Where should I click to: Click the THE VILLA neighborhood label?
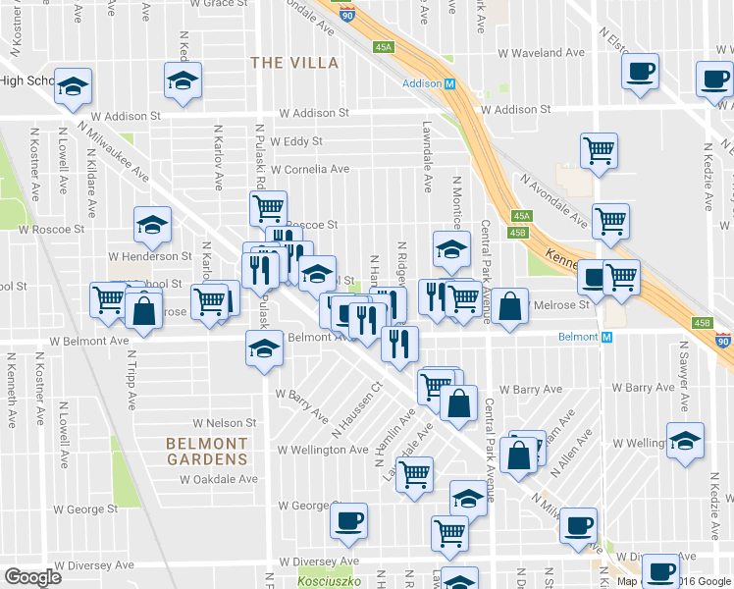coord(294,63)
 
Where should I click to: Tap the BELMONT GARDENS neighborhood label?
coord(206,451)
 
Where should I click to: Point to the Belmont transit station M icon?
coord(607,337)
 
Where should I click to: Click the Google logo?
coord(32,577)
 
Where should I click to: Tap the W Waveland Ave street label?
coord(542,53)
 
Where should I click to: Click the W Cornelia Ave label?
coord(310,169)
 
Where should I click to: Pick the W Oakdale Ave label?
coord(218,479)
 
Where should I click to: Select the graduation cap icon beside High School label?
coord(73,87)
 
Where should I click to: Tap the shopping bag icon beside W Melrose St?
coord(510,305)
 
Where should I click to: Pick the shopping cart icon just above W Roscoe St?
coord(267,207)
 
